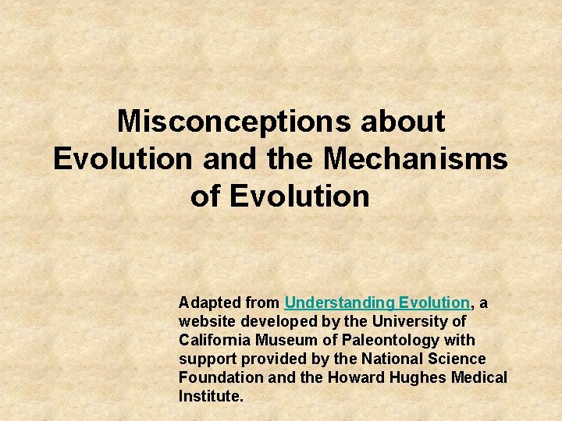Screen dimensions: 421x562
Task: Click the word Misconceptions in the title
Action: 235,122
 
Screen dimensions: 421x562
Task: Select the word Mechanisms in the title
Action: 415,158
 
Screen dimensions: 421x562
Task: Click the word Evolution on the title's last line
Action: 299,196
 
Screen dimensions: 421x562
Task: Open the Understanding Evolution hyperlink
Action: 378,302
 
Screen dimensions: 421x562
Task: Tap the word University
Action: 410,321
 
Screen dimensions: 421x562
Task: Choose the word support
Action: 205,359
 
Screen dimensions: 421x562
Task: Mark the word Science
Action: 457,359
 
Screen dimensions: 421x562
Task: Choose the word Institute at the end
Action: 211,396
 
